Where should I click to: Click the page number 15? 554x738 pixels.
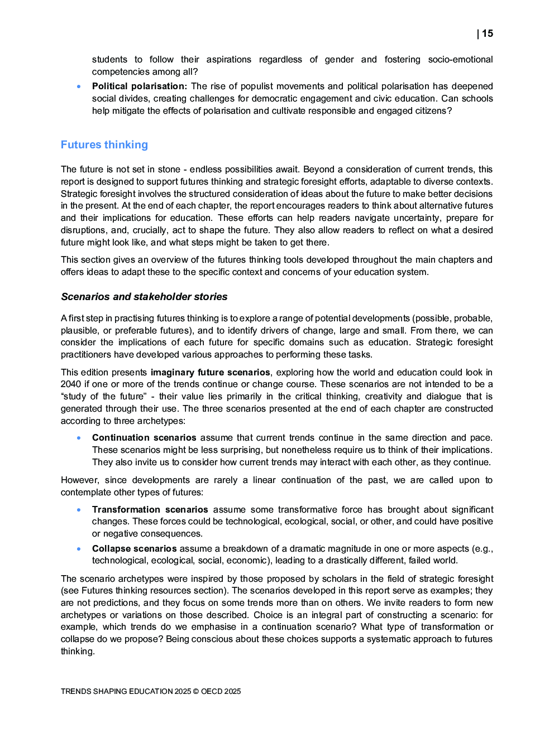[487, 33]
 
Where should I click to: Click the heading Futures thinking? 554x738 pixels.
[104, 144]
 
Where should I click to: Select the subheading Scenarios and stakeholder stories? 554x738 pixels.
[144, 297]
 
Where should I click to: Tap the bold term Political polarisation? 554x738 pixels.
[139, 86]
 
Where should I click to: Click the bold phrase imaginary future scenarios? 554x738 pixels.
[211, 372]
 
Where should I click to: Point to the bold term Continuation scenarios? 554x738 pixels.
[144, 437]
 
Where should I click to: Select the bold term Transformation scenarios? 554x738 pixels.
[150, 509]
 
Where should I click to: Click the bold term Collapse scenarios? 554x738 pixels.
[134, 548]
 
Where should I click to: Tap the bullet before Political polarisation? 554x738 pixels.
[79, 86]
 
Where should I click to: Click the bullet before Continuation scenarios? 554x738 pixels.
[79, 438]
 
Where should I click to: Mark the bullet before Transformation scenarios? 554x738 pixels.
[79, 510]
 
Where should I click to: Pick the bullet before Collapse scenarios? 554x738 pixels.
[79, 549]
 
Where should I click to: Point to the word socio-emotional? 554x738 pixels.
[460, 59]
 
